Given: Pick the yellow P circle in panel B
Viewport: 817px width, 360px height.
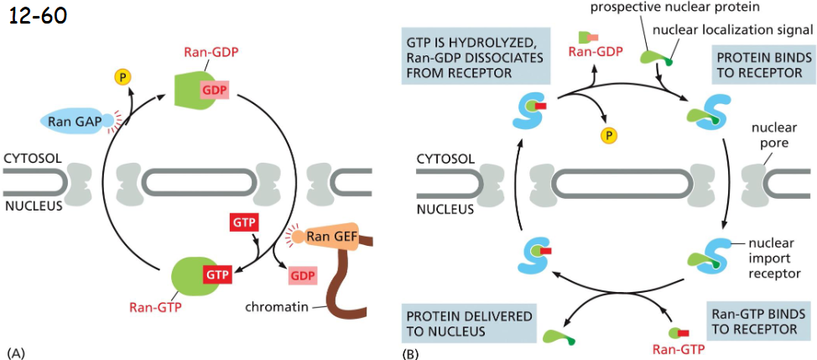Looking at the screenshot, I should click(x=603, y=135).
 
